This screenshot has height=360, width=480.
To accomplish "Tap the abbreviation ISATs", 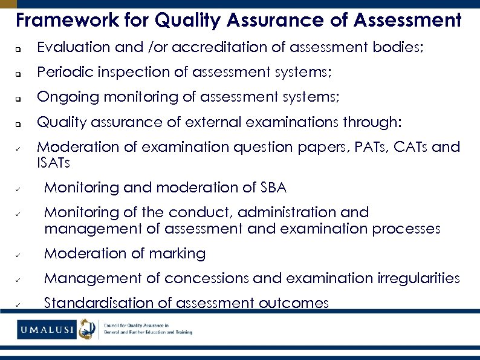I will pos(53,163).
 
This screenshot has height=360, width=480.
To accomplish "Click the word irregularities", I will pos(418,278).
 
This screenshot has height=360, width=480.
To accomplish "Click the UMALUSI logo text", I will pos(47,330).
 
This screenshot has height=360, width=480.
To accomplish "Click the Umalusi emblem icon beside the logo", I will pos(88,330).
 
